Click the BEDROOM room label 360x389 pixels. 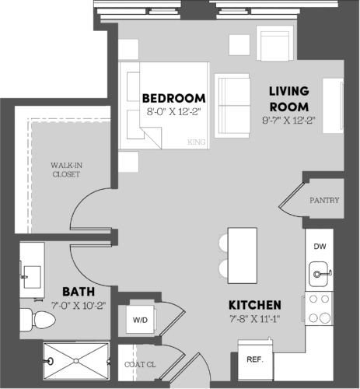click(x=174, y=98)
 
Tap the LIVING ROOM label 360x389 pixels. click(x=289, y=98)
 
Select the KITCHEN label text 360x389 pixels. click(x=254, y=304)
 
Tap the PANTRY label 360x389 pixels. click(x=324, y=200)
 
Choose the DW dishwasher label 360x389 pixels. click(x=320, y=247)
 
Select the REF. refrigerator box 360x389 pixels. click(x=254, y=359)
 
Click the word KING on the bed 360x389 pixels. click(x=197, y=142)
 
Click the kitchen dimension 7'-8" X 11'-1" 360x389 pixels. click(x=254, y=319)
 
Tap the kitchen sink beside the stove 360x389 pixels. click(x=319, y=272)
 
